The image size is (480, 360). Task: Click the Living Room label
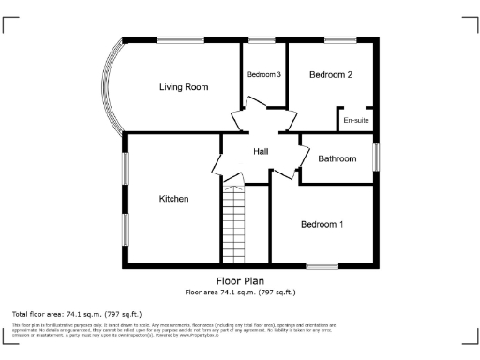click(183, 87)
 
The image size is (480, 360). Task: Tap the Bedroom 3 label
click(264, 75)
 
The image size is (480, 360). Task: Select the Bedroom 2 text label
click(330, 75)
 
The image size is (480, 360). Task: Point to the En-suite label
click(356, 121)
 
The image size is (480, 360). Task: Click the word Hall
click(262, 151)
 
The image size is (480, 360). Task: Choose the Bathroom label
click(337, 158)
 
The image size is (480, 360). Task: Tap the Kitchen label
click(174, 199)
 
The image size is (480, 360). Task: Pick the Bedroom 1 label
click(322, 224)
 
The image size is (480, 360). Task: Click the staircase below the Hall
click(232, 225)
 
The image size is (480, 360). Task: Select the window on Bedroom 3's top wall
click(262, 39)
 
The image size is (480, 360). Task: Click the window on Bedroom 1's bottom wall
click(322, 267)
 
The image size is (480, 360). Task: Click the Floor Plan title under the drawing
click(240, 281)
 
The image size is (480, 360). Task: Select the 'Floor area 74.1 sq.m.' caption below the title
click(240, 292)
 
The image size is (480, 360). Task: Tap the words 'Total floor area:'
click(38, 313)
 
